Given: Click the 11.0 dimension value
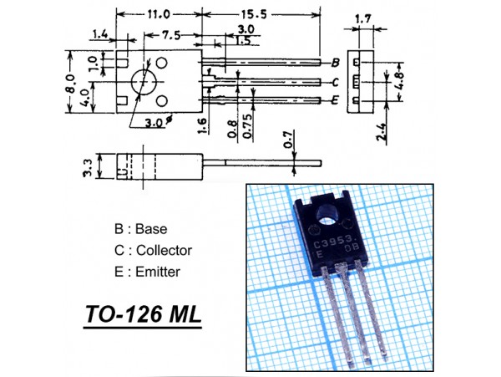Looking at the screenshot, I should [x=159, y=14].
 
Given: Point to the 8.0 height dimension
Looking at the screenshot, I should [x=72, y=83].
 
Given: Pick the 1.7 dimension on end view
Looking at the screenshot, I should [x=363, y=18].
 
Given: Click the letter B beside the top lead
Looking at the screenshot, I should [x=335, y=64].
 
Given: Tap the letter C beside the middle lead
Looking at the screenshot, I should [x=335, y=82].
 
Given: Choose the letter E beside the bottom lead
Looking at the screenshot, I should [x=335, y=100].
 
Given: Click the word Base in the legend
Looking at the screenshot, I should [x=151, y=228].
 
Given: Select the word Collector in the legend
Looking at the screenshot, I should [x=164, y=250].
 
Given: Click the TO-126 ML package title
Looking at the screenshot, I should [x=143, y=316].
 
